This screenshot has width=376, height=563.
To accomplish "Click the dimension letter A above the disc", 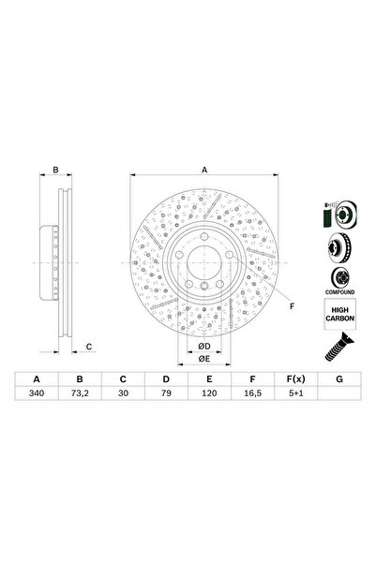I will (x=203, y=170).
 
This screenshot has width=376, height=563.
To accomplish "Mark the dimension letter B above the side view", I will (x=54, y=170).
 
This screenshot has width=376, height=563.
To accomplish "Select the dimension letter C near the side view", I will (x=88, y=347).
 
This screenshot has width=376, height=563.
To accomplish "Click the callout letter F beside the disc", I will (x=291, y=305).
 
